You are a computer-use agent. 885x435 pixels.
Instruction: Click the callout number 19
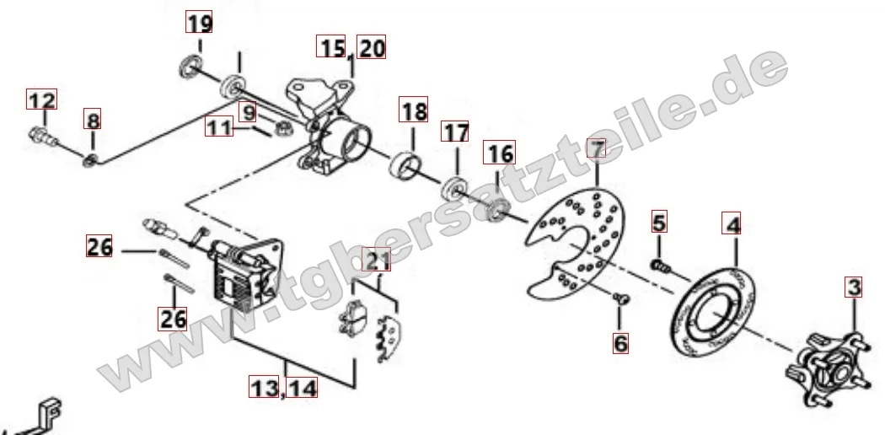[199, 23]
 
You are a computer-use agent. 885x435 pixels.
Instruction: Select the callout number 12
[42, 99]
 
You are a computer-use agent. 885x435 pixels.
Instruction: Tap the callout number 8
[93, 121]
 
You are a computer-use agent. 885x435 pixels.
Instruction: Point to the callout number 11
[219, 127]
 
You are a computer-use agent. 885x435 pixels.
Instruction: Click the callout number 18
[414, 110]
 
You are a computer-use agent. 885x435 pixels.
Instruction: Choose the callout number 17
[455, 132]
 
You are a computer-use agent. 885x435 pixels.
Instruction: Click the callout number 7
[597, 148]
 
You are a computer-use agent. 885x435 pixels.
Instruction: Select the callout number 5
[659, 221]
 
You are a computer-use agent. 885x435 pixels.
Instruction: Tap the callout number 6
[620, 342]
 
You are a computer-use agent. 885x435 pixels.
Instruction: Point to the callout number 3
[853, 287]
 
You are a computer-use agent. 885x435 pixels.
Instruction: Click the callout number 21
[377, 260]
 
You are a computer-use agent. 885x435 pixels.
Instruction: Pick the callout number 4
[732, 224]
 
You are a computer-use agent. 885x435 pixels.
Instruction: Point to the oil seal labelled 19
[191, 66]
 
